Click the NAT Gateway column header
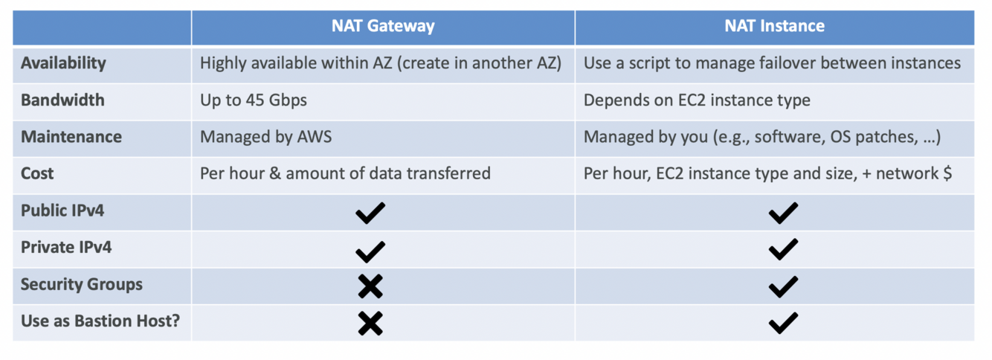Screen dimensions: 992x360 tap(383, 27)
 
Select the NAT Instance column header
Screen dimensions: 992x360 tap(774, 27)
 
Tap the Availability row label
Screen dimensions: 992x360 tap(63, 63)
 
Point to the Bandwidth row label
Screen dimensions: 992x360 tap(62, 100)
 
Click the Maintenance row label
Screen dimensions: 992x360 tap(71, 137)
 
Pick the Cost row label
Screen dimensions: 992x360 tap(37, 174)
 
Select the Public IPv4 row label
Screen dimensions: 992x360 tap(62, 210)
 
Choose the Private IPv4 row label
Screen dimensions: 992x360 tap(66, 248)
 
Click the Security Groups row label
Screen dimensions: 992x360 tap(82, 284)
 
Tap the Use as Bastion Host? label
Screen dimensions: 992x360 tap(100, 321)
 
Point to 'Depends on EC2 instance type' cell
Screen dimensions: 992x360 tap(697, 100)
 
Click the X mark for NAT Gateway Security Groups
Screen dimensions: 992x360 tap(370, 286)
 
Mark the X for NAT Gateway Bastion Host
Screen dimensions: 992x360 tap(370, 322)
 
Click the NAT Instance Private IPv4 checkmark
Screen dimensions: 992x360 tap(783, 249)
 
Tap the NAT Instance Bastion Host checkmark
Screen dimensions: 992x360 tap(783, 322)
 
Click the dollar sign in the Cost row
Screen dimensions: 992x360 tap(947, 174)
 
